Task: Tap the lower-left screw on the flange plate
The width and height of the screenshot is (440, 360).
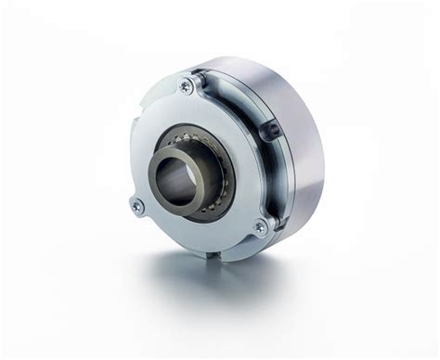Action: (x=138, y=206)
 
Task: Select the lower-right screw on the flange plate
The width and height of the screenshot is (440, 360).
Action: (x=261, y=225)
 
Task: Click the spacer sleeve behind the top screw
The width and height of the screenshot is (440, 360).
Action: (x=197, y=82)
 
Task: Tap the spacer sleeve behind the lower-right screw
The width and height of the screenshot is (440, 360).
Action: (x=272, y=223)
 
